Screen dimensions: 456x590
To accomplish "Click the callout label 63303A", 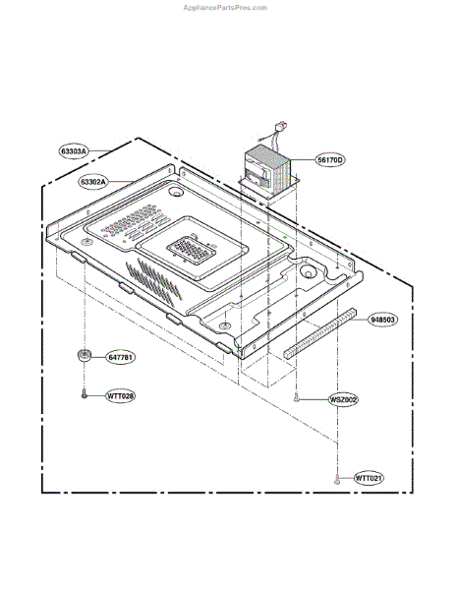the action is pyautogui.click(x=74, y=151).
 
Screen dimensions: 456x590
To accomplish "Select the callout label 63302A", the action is pyautogui.click(x=93, y=182).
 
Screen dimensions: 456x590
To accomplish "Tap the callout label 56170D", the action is pyautogui.click(x=330, y=160).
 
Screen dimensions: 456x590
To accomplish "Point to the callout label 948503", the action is pyautogui.click(x=382, y=320).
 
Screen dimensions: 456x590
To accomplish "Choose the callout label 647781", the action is pyautogui.click(x=120, y=357).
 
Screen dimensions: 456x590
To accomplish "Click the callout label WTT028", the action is pyautogui.click(x=120, y=396).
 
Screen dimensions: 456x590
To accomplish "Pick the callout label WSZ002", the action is pyautogui.click(x=343, y=399).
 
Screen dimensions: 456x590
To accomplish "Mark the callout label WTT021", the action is pyautogui.click(x=370, y=478).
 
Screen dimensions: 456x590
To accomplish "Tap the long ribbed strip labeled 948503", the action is pyautogui.click(x=319, y=334).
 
